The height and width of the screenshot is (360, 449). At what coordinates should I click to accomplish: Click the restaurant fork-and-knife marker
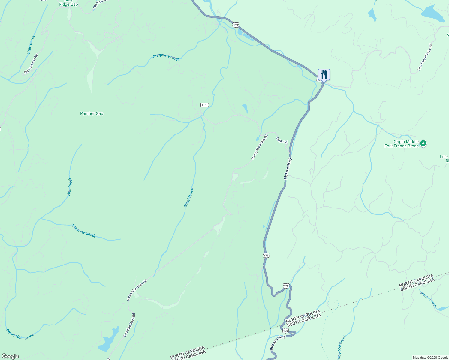click(324, 74)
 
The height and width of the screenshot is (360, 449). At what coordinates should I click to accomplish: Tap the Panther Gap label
click(92, 114)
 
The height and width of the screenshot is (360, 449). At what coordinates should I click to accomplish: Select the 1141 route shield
click(204, 105)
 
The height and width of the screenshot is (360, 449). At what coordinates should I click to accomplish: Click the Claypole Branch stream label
click(166, 57)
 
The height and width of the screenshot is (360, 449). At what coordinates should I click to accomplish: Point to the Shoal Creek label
click(189, 198)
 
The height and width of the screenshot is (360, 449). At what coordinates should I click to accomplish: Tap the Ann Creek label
click(70, 187)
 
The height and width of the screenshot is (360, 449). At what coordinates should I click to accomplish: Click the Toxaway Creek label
click(83, 231)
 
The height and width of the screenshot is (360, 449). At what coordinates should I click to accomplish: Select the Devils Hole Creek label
click(20, 334)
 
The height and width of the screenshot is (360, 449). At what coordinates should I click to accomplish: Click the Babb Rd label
click(282, 140)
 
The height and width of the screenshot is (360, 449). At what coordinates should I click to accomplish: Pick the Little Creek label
click(31, 45)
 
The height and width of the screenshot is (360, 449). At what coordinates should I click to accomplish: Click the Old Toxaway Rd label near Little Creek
click(31, 64)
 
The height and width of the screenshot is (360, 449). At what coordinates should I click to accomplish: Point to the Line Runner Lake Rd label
click(425, 57)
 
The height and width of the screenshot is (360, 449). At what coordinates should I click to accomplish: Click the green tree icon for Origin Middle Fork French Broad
click(423, 143)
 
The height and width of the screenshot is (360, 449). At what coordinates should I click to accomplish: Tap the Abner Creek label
click(429, 299)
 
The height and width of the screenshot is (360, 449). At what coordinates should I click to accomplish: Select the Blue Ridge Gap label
click(68, 3)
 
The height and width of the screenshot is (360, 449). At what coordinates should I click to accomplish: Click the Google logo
click(10, 356)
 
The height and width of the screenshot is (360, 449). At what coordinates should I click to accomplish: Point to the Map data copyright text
click(430, 358)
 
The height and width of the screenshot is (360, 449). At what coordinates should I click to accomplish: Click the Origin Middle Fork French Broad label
click(402, 144)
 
